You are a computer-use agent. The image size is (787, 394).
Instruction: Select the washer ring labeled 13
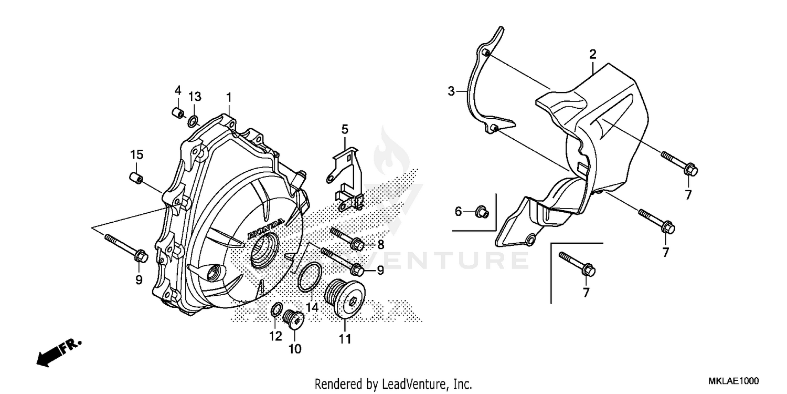(193, 122)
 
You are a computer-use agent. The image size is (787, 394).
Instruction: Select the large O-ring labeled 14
(310, 276)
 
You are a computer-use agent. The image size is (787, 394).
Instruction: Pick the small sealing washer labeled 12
(276, 310)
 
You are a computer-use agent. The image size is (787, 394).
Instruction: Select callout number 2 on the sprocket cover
(592, 54)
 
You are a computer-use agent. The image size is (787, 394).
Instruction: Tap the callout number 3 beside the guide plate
(451, 91)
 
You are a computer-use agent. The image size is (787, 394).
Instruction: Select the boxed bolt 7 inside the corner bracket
(577, 264)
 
